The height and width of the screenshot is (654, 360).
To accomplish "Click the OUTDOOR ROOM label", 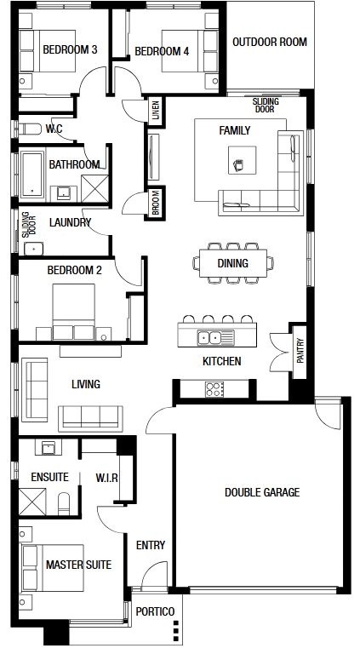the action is point(270,42).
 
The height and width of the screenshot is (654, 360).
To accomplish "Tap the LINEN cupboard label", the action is point(155,111).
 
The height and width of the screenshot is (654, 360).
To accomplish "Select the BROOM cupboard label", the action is point(156,203).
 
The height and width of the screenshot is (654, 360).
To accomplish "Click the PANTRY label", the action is point(300,350).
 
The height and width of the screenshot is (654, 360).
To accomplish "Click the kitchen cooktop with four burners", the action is point(214,389).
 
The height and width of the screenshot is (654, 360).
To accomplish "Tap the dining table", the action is point(233,263).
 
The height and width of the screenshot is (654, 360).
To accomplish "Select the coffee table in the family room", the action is point(242,160).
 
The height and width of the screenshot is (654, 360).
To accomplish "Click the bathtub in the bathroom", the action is point(32,175).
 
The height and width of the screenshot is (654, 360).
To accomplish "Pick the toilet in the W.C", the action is point(29,129).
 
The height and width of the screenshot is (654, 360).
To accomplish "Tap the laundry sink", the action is point(34,249).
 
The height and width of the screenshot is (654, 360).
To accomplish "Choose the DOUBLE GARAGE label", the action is point(262,492).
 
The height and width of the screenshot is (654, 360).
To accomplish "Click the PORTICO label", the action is point(155,611).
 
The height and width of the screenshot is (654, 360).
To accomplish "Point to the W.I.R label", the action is point(106,478).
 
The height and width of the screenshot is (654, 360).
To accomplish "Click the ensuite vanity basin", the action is point(49,448).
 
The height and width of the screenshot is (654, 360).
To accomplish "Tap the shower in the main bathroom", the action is point(95,188).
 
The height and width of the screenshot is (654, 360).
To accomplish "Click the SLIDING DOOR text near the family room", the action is point(266,106).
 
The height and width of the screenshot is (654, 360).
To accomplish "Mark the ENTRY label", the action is point(151,545).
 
